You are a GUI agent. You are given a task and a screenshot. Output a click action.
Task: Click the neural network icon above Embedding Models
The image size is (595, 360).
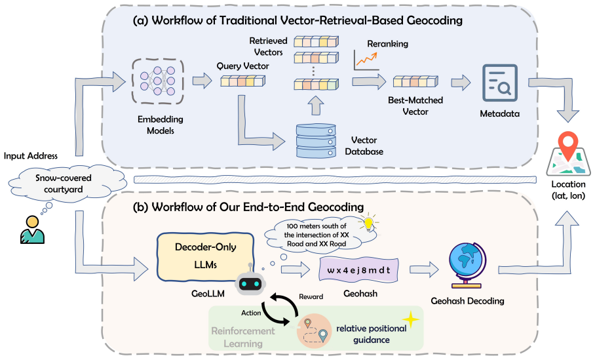tap(158, 81)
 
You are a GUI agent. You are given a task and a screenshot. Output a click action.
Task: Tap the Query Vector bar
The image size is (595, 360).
tap(243, 81)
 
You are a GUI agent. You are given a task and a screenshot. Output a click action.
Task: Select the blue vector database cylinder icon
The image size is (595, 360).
tap(316, 140)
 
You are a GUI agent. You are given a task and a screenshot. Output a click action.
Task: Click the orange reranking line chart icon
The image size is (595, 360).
tap(366, 60)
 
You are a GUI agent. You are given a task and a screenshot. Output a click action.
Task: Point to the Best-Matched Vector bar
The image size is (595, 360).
tap(415, 82)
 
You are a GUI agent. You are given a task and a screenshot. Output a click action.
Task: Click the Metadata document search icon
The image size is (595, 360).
tap(500, 83)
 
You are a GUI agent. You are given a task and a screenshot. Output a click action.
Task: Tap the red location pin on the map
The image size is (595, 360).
tap(567, 146)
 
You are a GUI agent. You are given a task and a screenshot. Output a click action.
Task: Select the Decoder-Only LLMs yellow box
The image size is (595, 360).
tap(205, 257)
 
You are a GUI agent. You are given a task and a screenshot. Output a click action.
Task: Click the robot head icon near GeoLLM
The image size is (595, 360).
tap(250, 281)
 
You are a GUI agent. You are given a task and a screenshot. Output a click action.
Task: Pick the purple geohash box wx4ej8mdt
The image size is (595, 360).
tap(358, 270)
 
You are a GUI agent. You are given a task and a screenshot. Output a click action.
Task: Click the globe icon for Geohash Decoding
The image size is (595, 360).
tap(467, 266)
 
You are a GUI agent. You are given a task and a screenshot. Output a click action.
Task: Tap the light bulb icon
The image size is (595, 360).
tap(368, 223)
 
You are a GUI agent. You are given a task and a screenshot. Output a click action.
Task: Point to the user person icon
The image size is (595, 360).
tap(32, 230)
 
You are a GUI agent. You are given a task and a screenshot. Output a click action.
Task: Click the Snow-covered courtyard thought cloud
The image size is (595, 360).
tap(64, 184)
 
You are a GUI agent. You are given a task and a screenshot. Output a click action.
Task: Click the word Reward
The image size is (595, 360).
tap(311, 296)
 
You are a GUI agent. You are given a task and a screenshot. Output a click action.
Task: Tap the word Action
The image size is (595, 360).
tap(251, 313)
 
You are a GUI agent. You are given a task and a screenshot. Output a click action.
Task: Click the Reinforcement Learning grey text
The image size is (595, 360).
tap(243, 337)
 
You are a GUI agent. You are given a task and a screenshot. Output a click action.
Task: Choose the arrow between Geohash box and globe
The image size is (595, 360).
tap(424, 270)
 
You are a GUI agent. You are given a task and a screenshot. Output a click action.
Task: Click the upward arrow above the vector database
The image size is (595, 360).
tap(315, 106)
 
